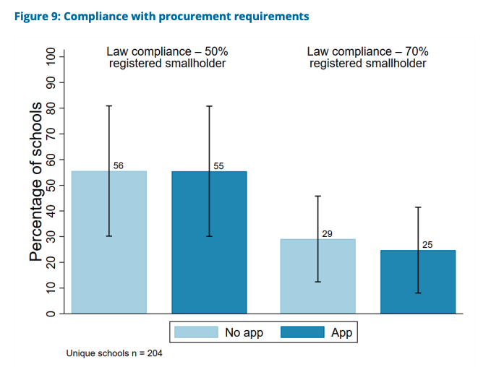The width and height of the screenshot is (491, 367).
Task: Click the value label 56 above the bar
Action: pos(119,165)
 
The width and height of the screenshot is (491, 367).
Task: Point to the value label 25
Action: pos(427,245)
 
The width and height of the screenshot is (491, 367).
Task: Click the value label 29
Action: pos(327,233)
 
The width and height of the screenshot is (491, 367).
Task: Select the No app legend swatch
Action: pos(197,332)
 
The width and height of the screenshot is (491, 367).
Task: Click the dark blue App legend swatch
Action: pos(300,332)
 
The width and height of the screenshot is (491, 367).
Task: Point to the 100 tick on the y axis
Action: pos(51,57)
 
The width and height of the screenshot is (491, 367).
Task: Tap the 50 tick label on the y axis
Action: pos(51,185)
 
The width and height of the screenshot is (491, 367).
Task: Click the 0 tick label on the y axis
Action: pos(51,314)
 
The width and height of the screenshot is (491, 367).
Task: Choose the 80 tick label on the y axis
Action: pos(51,108)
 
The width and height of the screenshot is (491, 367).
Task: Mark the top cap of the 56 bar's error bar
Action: pos(108,106)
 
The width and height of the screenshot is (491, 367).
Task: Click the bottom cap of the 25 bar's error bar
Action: pos(418,293)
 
